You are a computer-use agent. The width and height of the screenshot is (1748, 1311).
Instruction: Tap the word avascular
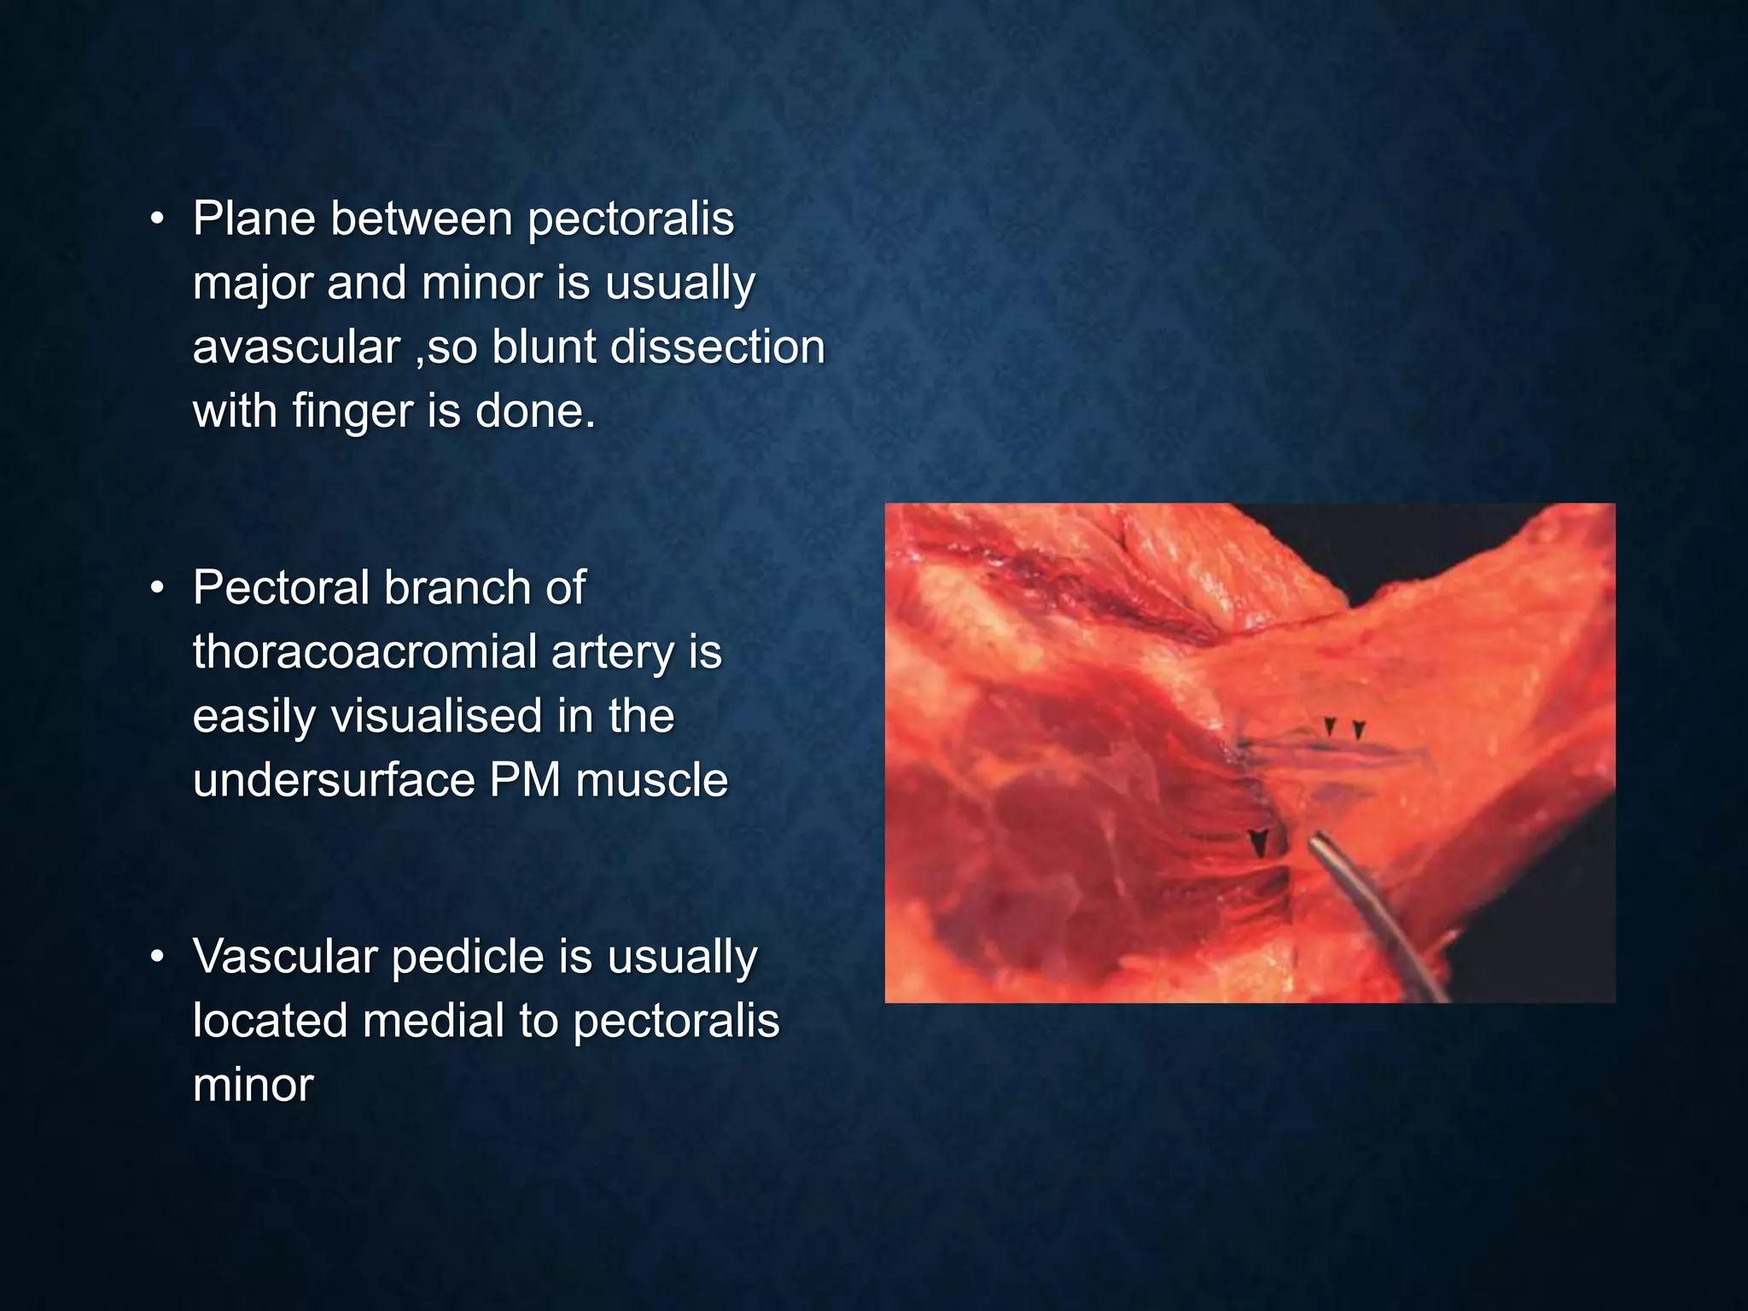(x=296, y=347)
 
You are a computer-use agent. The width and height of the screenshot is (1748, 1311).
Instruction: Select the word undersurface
(x=334, y=780)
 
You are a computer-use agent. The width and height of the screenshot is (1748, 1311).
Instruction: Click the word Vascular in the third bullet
(x=284, y=956)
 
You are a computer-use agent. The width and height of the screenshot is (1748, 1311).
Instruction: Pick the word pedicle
(x=468, y=958)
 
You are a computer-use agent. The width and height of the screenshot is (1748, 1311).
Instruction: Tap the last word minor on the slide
(x=253, y=1085)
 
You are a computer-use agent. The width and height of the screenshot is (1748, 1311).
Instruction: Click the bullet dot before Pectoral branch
(x=157, y=589)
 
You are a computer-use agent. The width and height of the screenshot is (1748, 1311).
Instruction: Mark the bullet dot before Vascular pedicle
(x=157, y=958)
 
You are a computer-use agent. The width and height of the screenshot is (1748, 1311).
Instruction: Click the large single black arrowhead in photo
(x=1259, y=843)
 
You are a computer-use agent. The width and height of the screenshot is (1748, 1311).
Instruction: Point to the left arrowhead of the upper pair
(x=1330, y=727)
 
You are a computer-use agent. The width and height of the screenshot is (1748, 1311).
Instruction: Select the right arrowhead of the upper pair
(x=1360, y=731)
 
